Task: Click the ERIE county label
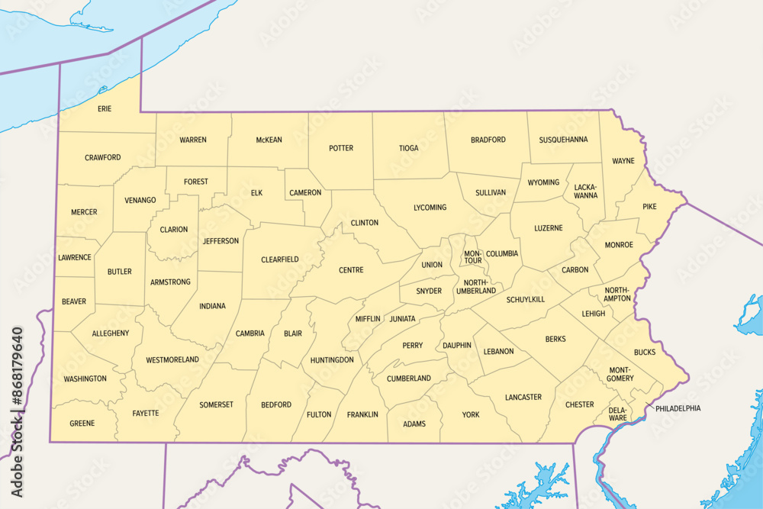(105, 109)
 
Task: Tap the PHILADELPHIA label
(678, 408)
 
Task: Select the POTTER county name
(341, 148)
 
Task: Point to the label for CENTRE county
(351, 270)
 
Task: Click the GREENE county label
(82, 424)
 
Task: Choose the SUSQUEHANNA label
(563, 140)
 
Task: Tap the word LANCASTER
(523, 397)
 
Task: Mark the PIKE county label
(649, 207)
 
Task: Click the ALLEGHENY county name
(111, 333)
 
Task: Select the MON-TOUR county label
(473, 257)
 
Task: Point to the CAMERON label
(305, 193)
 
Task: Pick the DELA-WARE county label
(617, 414)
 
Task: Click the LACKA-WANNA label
(586, 191)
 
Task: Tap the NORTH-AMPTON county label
(617, 295)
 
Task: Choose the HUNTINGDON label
(332, 359)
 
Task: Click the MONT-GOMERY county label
(621, 374)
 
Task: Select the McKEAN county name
(269, 140)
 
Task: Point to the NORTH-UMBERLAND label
(476, 286)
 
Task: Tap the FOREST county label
(195, 182)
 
